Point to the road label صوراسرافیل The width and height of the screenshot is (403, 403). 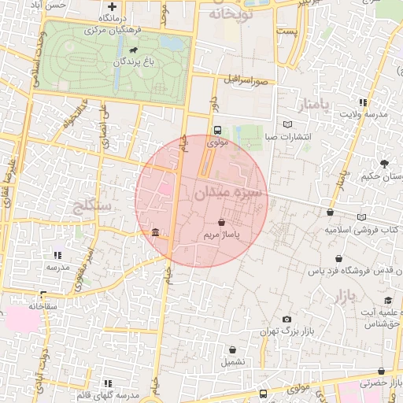[x=246, y=81]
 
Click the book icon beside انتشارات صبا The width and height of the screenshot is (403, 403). [x=287, y=124]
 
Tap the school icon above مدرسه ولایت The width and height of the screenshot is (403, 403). [x=362, y=102]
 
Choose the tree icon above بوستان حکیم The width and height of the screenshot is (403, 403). [x=384, y=164]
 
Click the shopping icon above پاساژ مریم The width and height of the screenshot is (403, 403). [x=220, y=223]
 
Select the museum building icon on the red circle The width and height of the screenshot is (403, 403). [x=154, y=234]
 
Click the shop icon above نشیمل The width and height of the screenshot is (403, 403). [x=233, y=350]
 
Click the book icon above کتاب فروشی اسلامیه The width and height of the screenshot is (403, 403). [x=361, y=218]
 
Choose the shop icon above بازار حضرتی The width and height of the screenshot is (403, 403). [x=382, y=371]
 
